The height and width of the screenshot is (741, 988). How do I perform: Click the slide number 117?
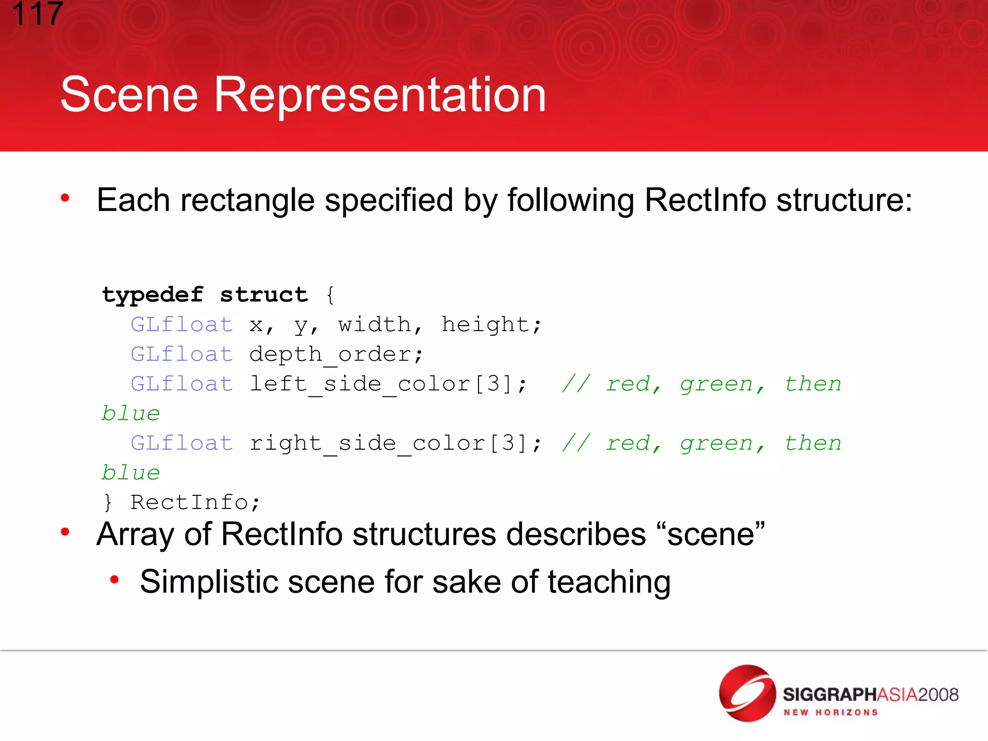(37, 14)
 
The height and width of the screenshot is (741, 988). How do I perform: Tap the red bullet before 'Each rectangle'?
(65, 198)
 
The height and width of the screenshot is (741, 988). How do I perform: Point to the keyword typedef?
(152, 295)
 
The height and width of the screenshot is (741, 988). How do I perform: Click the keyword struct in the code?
(263, 295)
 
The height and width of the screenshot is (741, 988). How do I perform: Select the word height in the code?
(491, 325)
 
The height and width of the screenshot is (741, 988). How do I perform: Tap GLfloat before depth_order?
(182, 355)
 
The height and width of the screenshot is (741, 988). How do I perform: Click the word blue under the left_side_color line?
(130, 414)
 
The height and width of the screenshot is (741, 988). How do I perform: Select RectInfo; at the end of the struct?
(195, 503)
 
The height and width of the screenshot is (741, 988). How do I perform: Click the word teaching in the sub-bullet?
(609, 582)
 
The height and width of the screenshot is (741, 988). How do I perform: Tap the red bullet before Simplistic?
(114, 579)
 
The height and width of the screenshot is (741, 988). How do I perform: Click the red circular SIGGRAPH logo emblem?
(747, 693)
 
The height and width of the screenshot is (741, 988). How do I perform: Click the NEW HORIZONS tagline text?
(830, 713)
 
